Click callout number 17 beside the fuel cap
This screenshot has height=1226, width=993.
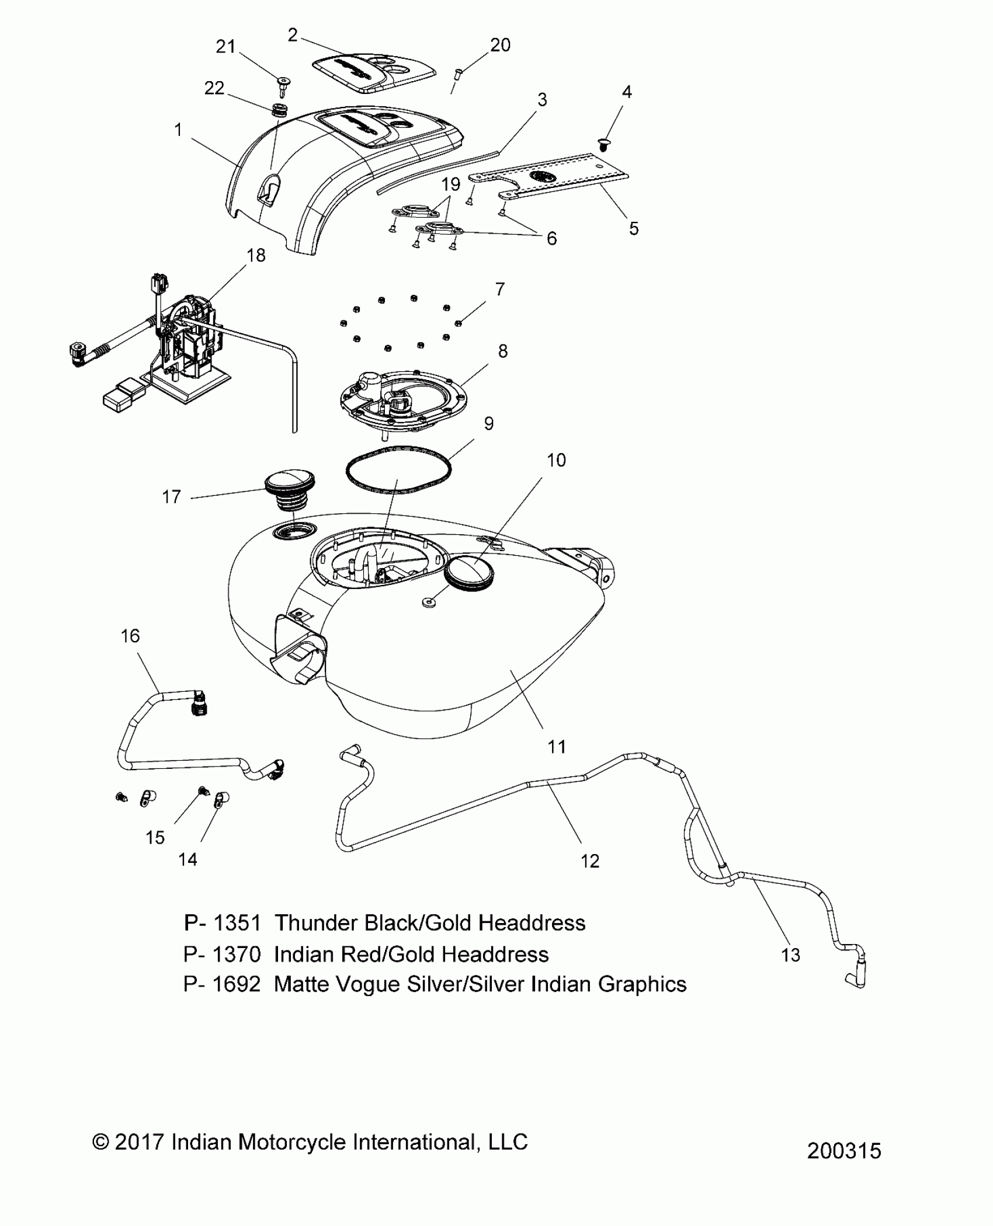point(171,497)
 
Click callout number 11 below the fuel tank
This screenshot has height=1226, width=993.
point(556,746)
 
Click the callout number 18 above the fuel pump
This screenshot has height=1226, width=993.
point(256,255)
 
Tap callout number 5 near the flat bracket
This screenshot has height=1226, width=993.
point(634,228)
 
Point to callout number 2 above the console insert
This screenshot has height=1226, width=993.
point(293,35)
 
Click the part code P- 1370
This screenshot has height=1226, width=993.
point(222,954)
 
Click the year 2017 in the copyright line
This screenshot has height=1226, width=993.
point(138,1142)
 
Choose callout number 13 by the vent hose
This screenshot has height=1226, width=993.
point(790,955)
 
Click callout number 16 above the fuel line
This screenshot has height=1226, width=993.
point(130,635)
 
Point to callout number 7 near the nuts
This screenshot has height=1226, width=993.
point(499,289)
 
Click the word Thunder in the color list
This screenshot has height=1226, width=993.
point(316,923)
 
